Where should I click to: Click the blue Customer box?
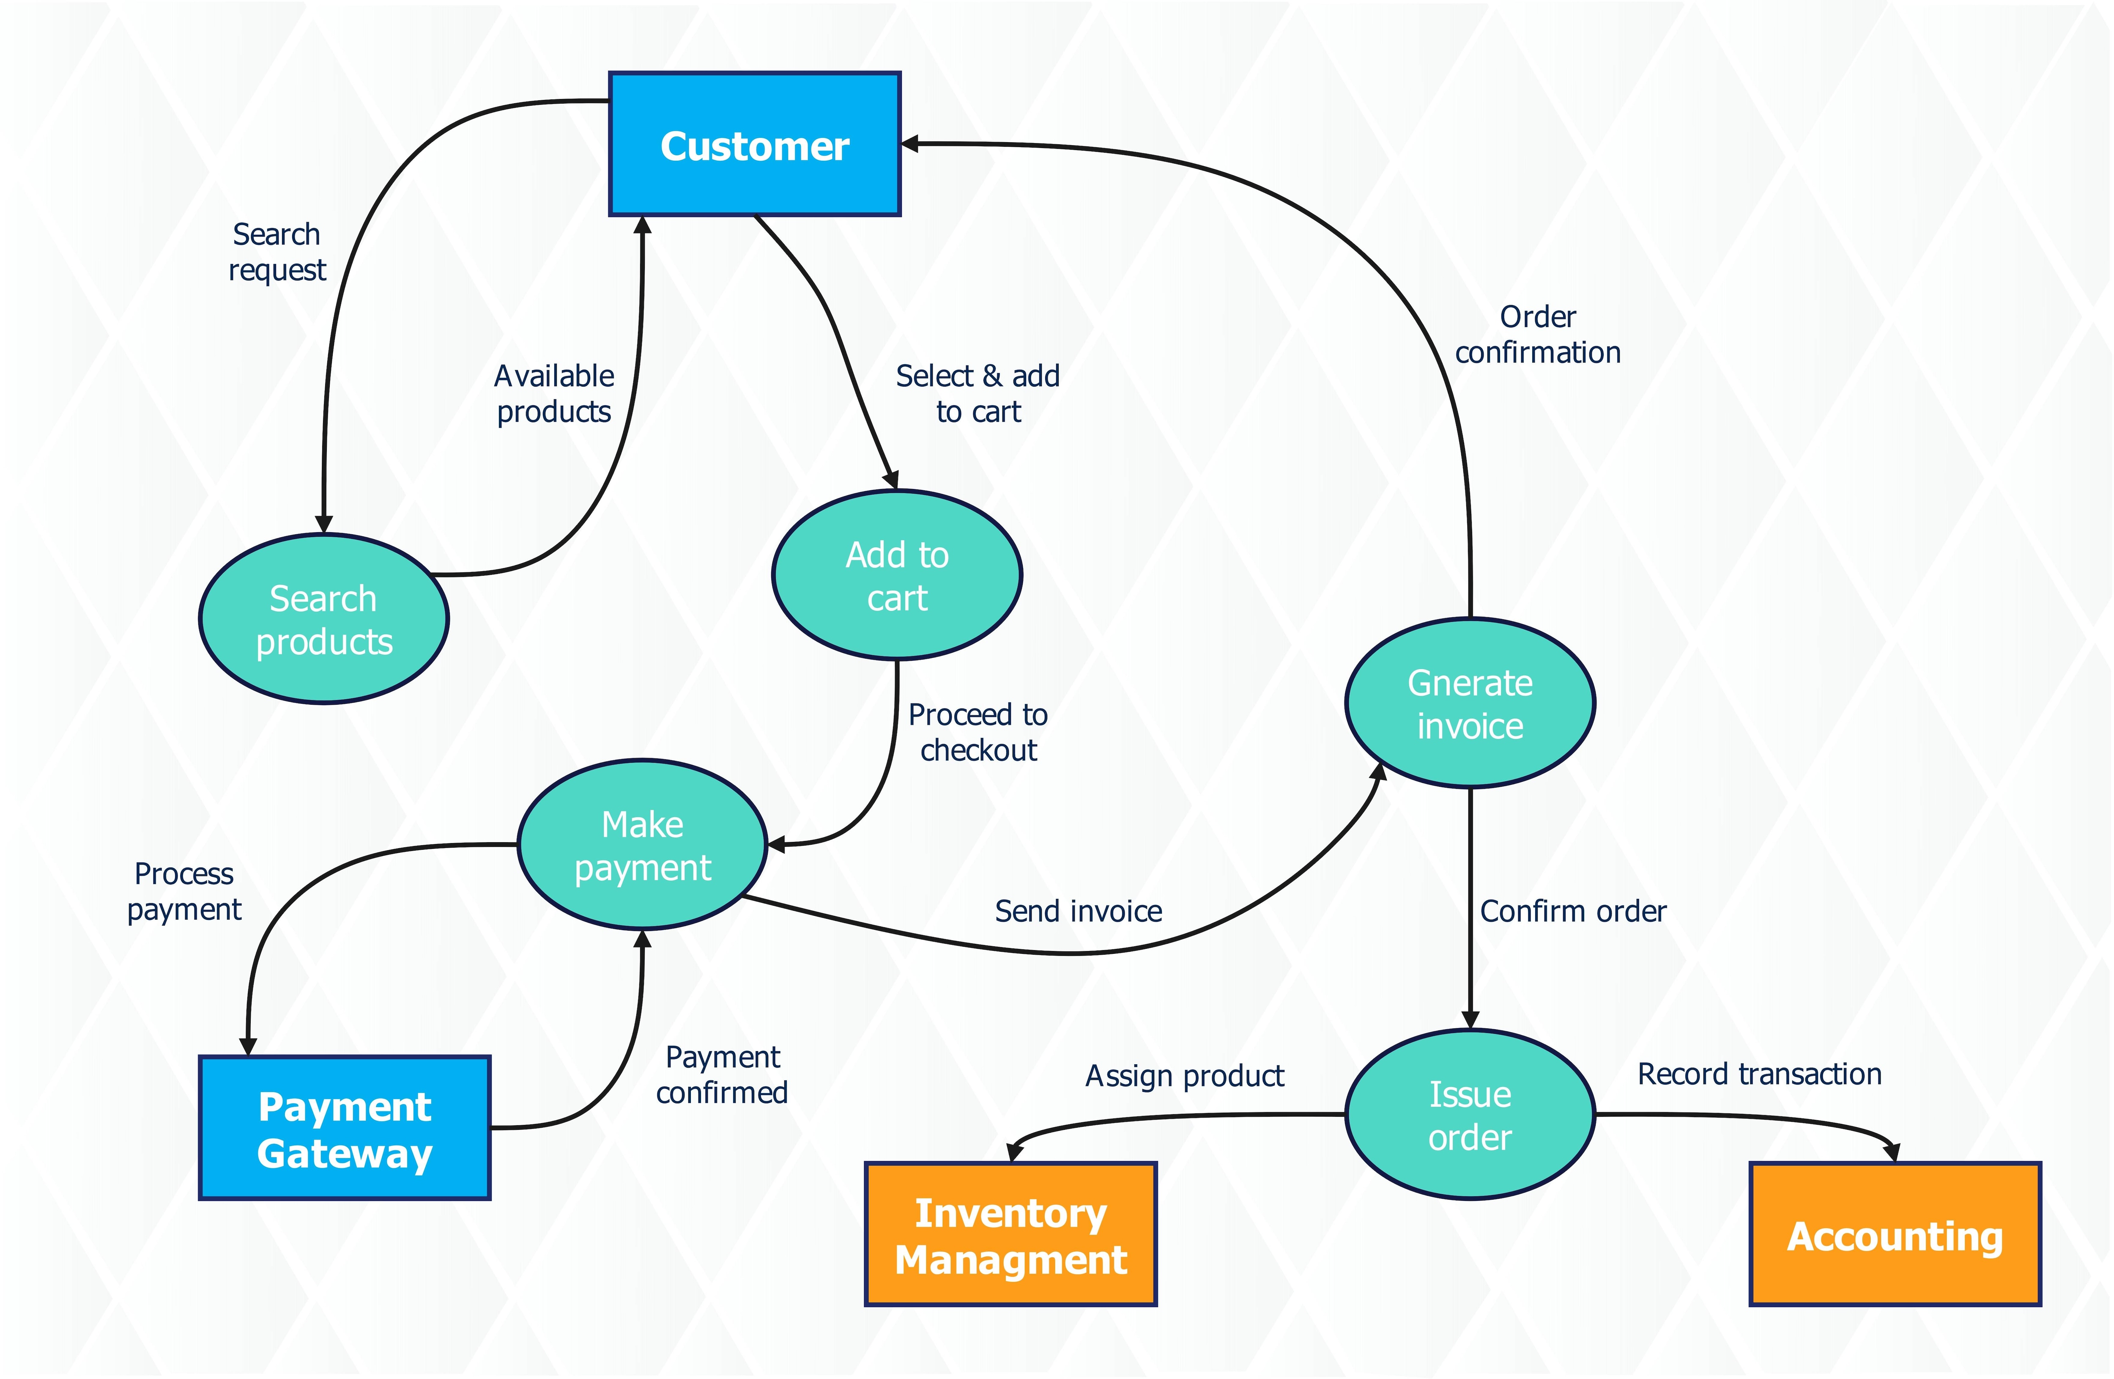coord(754,144)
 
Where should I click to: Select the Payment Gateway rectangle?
coord(345,1129)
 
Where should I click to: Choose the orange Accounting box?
coord(1895,1235)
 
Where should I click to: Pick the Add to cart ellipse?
coord(897,576)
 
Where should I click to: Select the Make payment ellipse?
coord(642,845)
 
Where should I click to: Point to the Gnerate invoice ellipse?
coord(1470,704)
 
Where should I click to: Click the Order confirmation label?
coord(1538,334)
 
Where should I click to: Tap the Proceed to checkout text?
coord(978,732)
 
